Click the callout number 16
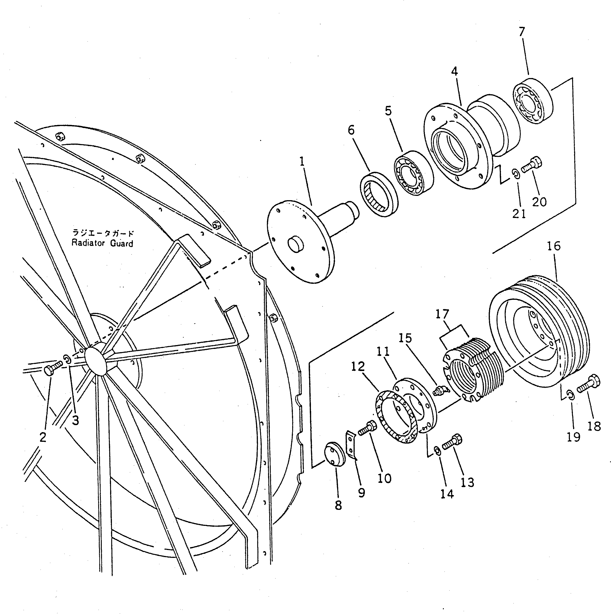(x=554, y=246)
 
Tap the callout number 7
(x=522, y=32)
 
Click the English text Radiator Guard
(x=102, y=243)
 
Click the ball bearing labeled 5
(x=414, y=173)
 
